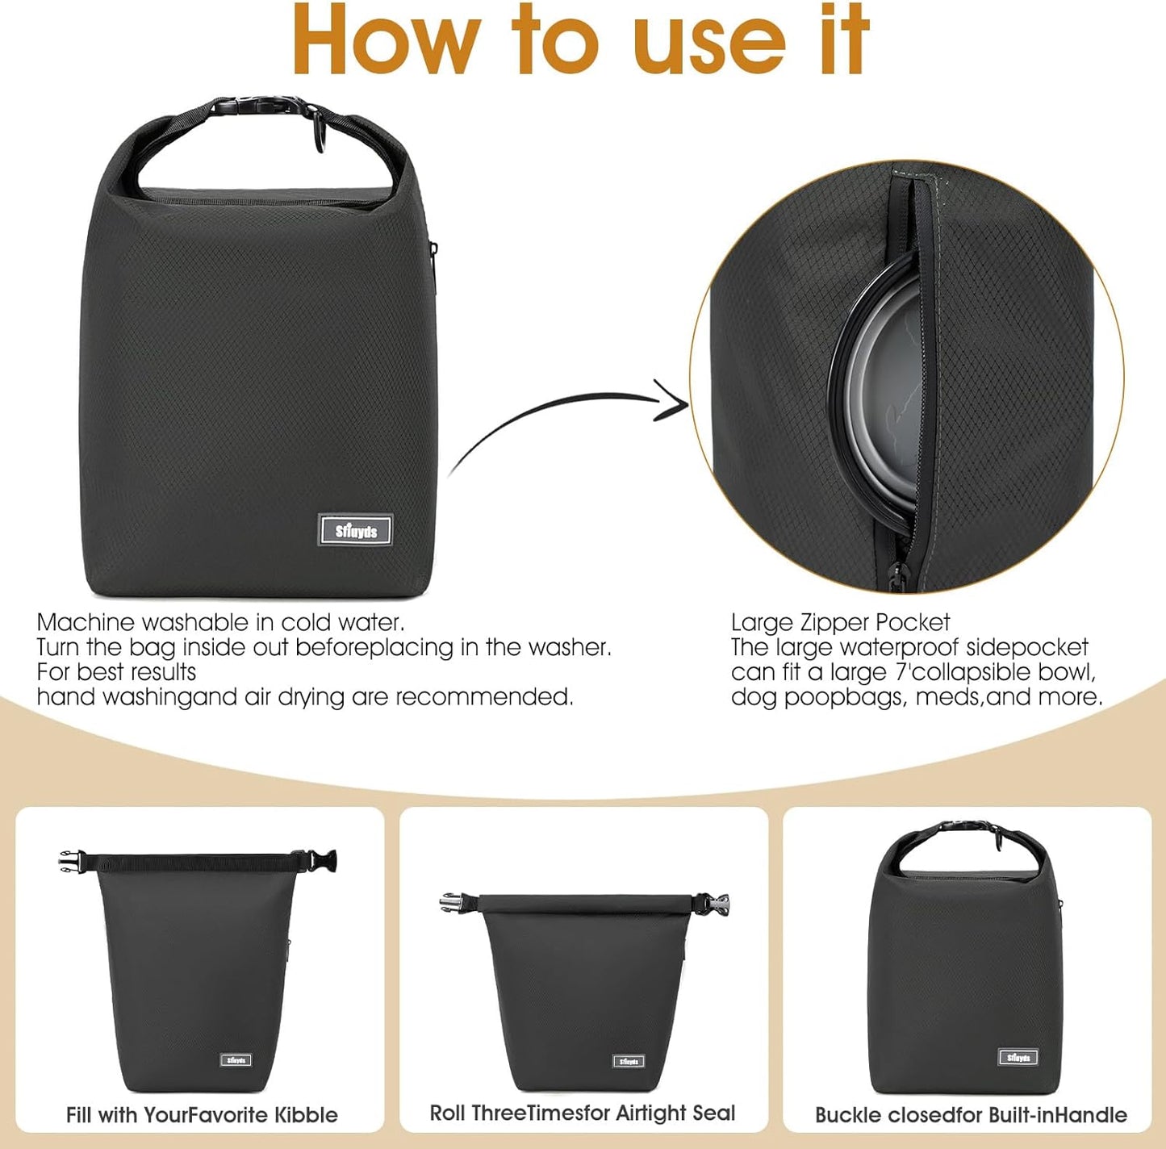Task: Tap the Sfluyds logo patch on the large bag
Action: click(x=355, y=530)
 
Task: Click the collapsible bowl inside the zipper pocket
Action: click(x=880, y=387)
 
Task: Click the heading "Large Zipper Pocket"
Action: click(x=840, y=622)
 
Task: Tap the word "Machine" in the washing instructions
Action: click(x=86, y=622)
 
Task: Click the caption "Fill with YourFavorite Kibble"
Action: click(x=202, y=1115)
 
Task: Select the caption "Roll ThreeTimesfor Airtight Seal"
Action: click(x=583, y=1113)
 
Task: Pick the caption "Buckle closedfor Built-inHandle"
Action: click(x=971, y=1115)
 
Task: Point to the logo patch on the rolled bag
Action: click(x=628, y=1061)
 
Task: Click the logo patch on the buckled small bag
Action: click(x=1018, y=1057)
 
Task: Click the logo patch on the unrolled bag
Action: click(x=236, y=1059)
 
